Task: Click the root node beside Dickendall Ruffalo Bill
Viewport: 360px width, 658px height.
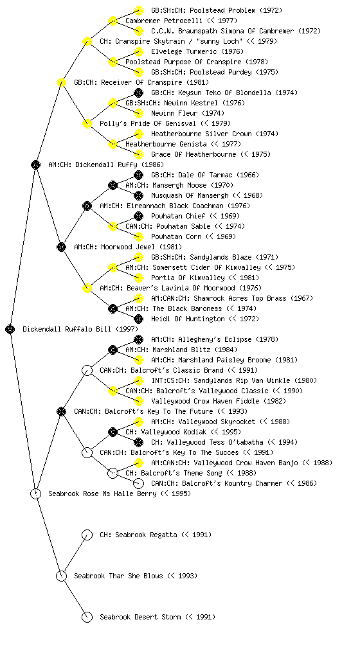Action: click(x=10, y=329)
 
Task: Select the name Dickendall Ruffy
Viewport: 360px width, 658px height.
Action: click(x=102, y=164)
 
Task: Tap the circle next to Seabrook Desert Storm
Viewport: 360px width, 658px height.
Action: click(x=87, y=617)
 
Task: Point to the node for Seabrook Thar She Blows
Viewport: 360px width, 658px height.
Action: click(x=61, y=576)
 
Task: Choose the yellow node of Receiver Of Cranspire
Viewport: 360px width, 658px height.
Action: click(x=61, y=82)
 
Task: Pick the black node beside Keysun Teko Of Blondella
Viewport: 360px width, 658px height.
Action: click(x=138, y=93)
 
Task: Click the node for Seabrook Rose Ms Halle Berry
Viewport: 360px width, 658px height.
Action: click(x=35, y=493)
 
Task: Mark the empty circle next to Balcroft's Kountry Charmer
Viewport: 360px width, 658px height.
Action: click(x=138, y=483)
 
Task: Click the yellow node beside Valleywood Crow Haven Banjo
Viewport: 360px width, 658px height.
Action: click(x=138, y=463)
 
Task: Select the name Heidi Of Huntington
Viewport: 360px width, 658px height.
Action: click(x=188, y=319)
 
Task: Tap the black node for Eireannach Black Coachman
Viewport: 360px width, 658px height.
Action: click(x=87, y=206)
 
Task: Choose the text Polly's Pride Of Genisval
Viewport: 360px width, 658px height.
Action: click(x=148, y=123)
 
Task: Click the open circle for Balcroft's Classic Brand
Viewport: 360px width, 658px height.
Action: click(x=87, y=370)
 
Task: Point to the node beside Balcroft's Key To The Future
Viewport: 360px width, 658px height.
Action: click(x=61, y=411)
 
